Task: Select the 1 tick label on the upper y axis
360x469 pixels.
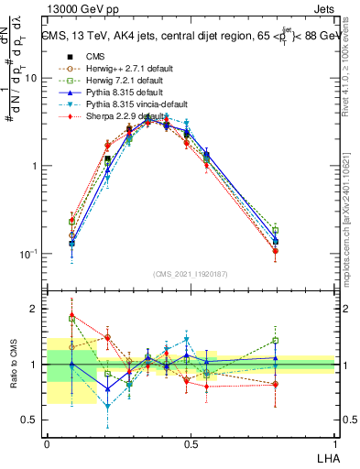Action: pyautogui.click(x=35, y=166)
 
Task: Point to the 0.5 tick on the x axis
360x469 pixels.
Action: pyautogui.click(x=191, y=443)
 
